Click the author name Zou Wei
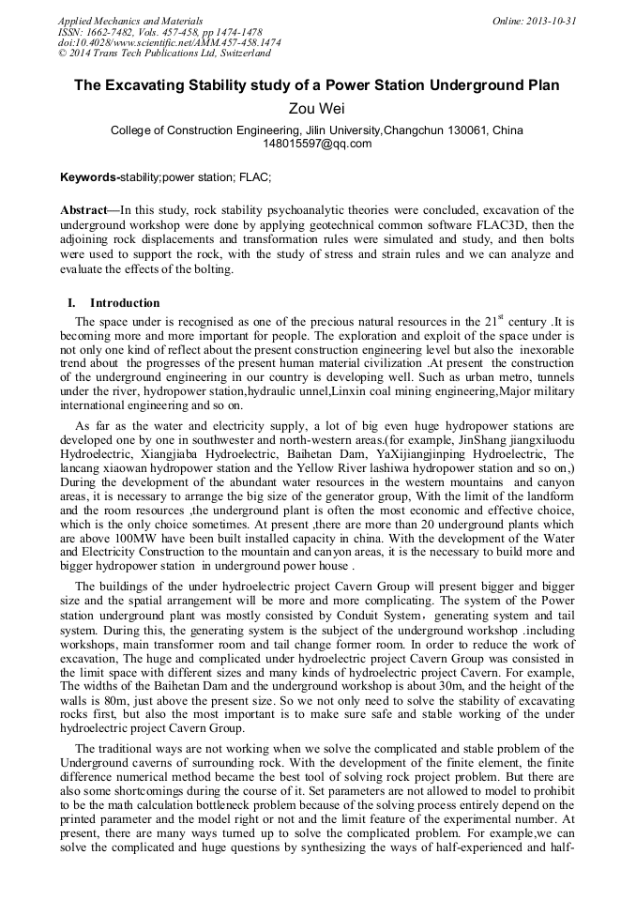click(x=317, y=109)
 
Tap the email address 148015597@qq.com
click(x=317, y=144)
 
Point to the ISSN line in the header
click(x=159, y=32)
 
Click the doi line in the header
click(x=169, y=43)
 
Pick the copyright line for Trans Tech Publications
click(x=164, y=54)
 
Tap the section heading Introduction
click(x=125, y=303)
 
